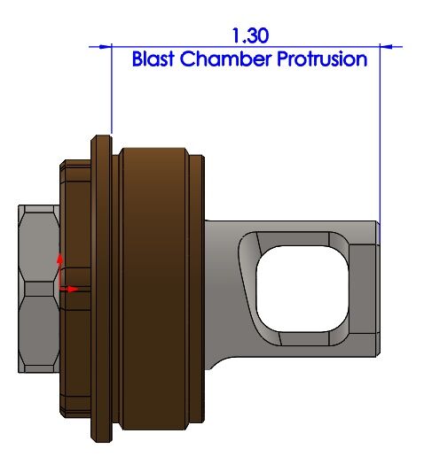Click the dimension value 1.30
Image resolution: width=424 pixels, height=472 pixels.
(x=250, y=35)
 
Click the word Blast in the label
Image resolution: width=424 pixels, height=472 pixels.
(x=153, y=58)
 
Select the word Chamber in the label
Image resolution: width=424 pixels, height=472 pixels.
(x=225, y=58)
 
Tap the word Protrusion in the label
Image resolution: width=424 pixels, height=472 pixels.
(x=322, y=58)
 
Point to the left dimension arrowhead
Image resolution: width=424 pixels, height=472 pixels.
(x=106, y=47)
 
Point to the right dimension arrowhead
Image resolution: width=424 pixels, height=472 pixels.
(x=386, y=47)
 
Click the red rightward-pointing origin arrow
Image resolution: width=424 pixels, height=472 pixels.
(x=69, y=290)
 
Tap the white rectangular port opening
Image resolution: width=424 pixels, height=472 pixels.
(x=302, y=289)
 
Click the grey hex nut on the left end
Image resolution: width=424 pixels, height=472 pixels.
(x=39, y=289)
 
